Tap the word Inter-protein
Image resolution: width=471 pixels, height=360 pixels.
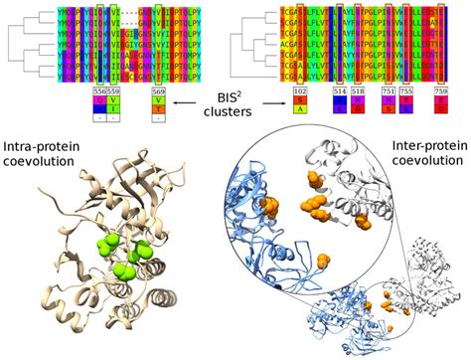point(427,146)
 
